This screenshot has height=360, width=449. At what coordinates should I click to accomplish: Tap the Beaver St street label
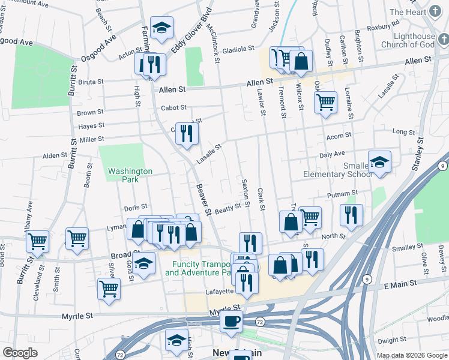[x=204, y=199]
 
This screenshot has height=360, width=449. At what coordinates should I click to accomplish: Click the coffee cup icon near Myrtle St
[x=231, y=321]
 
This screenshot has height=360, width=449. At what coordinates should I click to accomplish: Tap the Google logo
[x=20, y=353]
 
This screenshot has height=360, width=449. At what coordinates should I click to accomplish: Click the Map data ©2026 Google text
[x=411, y=355]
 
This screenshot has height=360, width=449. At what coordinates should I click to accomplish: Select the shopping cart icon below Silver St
[x=109, y=289]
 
